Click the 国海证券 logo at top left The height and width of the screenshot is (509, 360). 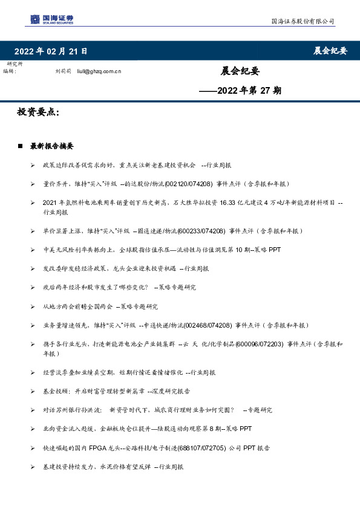(x=53, y=20)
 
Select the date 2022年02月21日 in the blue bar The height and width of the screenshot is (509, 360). (x=51, y=51)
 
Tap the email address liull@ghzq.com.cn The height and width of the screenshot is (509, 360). (x=99, y=71)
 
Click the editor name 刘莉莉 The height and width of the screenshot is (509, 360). (x=63, y=71)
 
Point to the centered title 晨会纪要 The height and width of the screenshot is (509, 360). (x=240, y=71)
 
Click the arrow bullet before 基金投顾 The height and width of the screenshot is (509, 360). (x=33, y=391)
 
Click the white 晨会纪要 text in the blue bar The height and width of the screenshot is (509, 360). (x=330, y=51)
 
